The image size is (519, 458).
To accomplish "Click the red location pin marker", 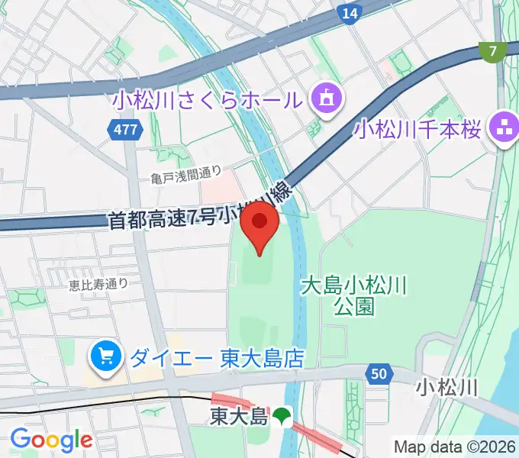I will click(259, 224).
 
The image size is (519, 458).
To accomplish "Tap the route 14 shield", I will click(350, 13).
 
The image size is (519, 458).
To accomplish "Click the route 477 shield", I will click(125, 130).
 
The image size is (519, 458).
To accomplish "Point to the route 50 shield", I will click(379, 373).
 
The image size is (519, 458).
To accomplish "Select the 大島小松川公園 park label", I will click(354, 296).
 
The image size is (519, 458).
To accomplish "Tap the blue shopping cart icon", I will click(105, 356).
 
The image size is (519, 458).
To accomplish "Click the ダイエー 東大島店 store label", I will click(218, 357).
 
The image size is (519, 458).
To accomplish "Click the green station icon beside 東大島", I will click(283, 416).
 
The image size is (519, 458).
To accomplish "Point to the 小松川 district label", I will click(446, 388).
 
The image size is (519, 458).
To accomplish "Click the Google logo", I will click(50, 440).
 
